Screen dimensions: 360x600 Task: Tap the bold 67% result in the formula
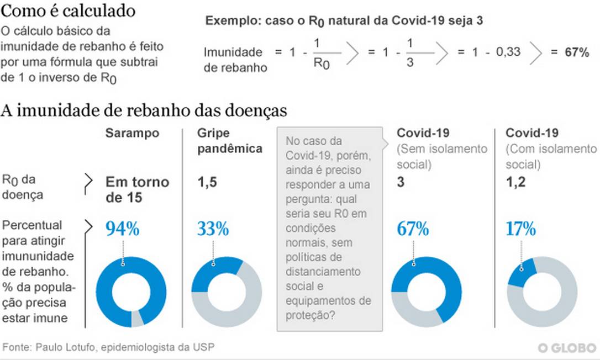coord(576,52)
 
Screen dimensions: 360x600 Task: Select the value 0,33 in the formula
coord(508,52)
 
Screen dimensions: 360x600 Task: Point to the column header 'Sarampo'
coord(133,133)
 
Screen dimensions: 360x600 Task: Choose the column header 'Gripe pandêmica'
coord(229,141)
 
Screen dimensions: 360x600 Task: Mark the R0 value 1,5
coord(207,182)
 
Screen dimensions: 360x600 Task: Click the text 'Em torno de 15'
coord(137,189)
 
